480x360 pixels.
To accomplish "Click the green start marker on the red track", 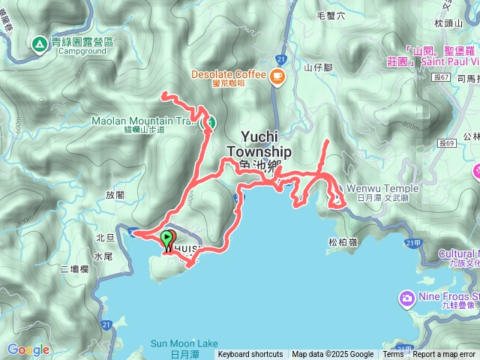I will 166,238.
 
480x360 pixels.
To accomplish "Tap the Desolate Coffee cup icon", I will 277,75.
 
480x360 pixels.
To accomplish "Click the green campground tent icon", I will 37,44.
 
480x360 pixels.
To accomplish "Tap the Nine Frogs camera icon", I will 406,298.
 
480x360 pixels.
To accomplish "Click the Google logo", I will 28,349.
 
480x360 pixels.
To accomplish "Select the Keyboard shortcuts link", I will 250,355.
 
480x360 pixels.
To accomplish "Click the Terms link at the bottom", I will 393,355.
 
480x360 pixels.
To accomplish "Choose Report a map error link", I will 445,355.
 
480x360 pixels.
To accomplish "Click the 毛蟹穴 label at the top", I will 331,14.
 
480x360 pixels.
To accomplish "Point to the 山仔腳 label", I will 317,67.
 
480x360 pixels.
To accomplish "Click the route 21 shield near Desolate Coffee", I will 279,58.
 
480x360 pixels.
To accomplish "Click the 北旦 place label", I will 105,237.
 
